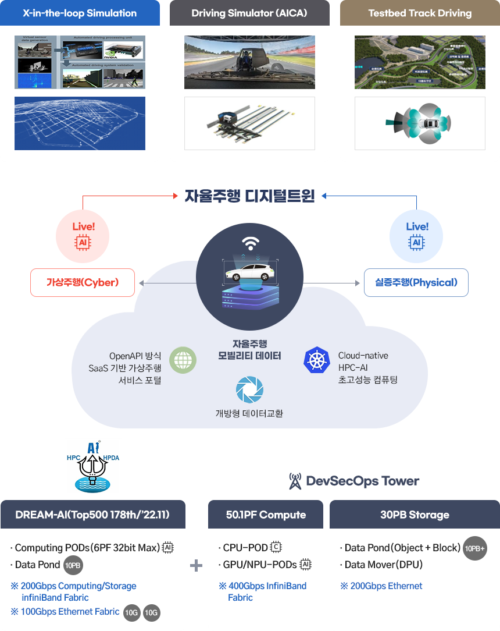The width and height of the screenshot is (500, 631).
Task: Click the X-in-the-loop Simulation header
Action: click(80, 13)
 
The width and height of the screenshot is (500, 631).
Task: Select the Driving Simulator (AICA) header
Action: click(249, 13)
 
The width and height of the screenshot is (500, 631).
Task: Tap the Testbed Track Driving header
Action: click(420, 13)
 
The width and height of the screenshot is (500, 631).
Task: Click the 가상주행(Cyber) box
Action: click(83, 283)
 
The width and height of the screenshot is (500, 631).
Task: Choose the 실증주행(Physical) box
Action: click(416, 283)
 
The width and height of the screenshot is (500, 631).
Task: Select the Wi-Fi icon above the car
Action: click(250, 243)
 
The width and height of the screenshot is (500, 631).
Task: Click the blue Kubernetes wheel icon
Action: click(317, 360)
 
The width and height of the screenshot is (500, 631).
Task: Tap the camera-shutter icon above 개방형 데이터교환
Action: click(250, 390)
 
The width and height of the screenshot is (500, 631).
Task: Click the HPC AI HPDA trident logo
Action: click(93, 466)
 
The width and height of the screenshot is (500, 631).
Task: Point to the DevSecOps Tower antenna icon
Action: click(295, 481)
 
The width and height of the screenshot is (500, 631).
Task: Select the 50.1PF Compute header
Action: click(266, 515)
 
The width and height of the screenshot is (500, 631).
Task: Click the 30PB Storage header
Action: click(415, 515)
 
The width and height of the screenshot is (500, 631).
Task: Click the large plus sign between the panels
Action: click(197, 565)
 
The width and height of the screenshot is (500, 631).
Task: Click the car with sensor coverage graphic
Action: click(420, 123)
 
